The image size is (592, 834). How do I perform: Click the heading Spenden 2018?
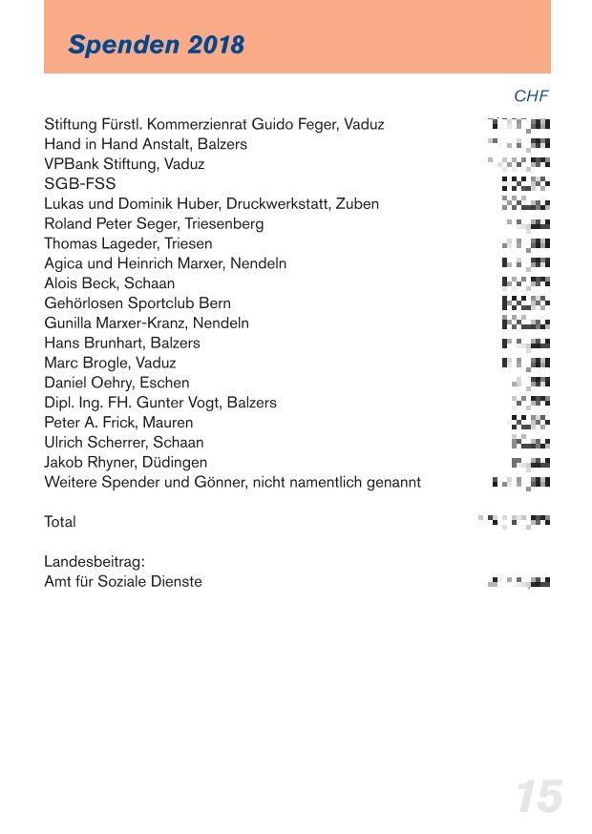[x=157, y=45]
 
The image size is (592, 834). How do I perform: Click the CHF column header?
[x=531, y=96]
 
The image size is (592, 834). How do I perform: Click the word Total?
[x=60, y=522]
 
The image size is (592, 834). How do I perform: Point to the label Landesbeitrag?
[x=95, y=562]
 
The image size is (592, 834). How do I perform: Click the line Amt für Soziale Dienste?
[x=123, y=582]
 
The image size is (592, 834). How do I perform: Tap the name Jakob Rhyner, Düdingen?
[x=126, y=463]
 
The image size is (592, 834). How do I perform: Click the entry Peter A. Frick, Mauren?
[x=118, y=423]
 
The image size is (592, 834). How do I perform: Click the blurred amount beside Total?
[x=515, y=521]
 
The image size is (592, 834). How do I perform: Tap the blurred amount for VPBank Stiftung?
[x=519, y=163]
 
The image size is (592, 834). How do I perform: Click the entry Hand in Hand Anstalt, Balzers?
[x=145, y=144]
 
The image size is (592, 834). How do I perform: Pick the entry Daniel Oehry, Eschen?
[x=116, y=383]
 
